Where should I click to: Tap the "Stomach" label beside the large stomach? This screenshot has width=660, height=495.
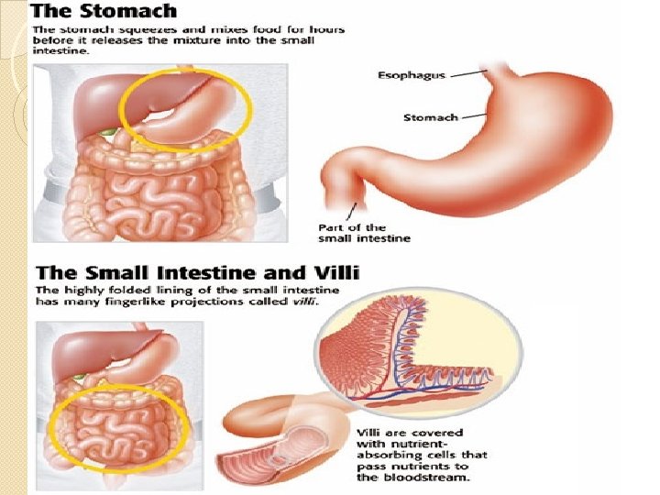point(430,116)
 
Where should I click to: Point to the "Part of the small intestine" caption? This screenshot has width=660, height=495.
point(364,233)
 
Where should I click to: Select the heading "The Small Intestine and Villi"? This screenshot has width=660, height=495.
point(197,271)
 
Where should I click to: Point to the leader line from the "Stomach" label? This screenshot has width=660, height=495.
point(473,116)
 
